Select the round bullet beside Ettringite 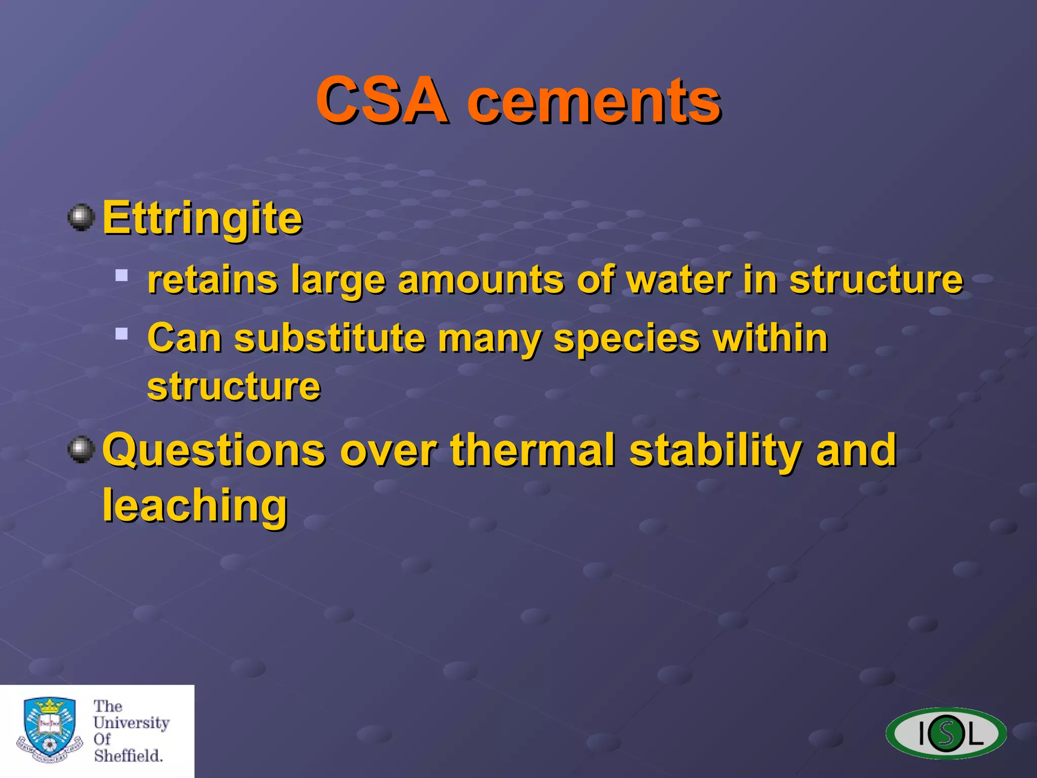(x=81, y=218)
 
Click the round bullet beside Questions (x=81, y=449)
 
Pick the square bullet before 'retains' (x=122, y=276)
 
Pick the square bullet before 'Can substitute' (x=122, y=333)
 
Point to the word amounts (x=481, y=280)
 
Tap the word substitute (x=330, y=338)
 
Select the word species (x=626, y=339)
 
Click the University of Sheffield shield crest (x=50, y=729)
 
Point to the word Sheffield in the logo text (x=128, y=756)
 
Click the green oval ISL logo (x=946, y=733)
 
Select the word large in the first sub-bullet (x=338, y=281)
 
